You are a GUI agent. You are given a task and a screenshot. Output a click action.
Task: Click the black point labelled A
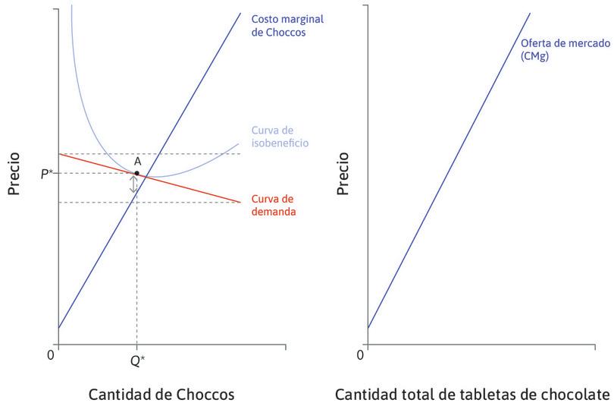tap(136, 173)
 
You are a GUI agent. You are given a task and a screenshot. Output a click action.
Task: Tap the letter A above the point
tap(137, 162)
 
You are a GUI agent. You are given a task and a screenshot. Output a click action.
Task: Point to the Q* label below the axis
tap(137, 361)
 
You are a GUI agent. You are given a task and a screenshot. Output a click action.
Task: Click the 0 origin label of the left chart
tap(50, 354)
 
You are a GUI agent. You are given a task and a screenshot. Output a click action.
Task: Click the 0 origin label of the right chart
tap(360, 354)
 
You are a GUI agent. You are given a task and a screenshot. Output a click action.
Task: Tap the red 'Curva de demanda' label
tap(273, 205)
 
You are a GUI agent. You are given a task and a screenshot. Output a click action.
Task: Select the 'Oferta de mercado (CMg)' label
tap(565, 49)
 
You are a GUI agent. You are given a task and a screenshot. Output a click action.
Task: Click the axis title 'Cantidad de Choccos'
tap(161, 395)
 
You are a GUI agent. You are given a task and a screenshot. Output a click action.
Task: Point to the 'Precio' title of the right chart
tap(343, 174)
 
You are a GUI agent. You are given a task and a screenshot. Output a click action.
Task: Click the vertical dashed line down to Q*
tap(136, 273)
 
